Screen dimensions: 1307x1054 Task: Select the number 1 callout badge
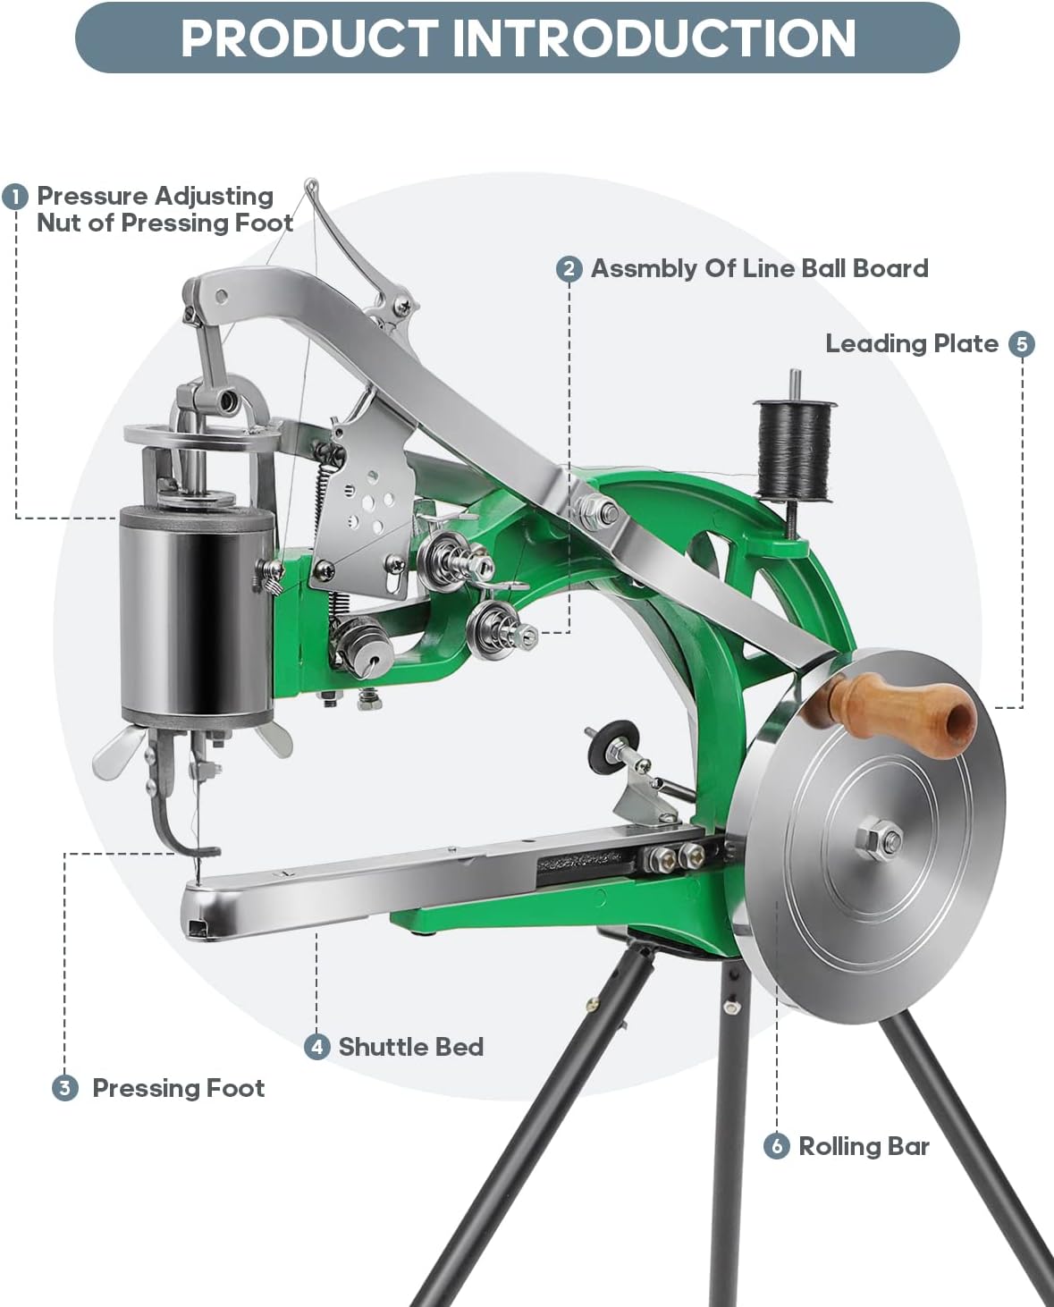[x=15, y=197]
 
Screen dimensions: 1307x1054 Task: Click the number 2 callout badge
[x=569, y=269]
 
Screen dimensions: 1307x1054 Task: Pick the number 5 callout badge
[x=1021, y=344]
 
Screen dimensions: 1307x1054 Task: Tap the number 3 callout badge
[x=64, y=1088]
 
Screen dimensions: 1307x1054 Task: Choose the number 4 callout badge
[x=316, y=1047]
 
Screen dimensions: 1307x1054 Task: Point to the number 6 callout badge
[x=776, y=1146]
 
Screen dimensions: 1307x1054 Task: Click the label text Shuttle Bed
[x=410, y=1047]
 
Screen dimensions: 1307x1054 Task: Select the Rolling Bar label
[x=864, y=1146]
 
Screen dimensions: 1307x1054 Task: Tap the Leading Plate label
[x=911, y=344]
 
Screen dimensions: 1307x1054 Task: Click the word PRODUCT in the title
[x=308, y=38]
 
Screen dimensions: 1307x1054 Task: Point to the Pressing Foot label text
[x=178, y=1088]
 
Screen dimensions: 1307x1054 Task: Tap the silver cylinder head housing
[x=196, y=612]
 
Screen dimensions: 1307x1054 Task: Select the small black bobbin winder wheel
[x=616, y=744]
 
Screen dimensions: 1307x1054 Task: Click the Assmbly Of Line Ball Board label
[x=759, y=269]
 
